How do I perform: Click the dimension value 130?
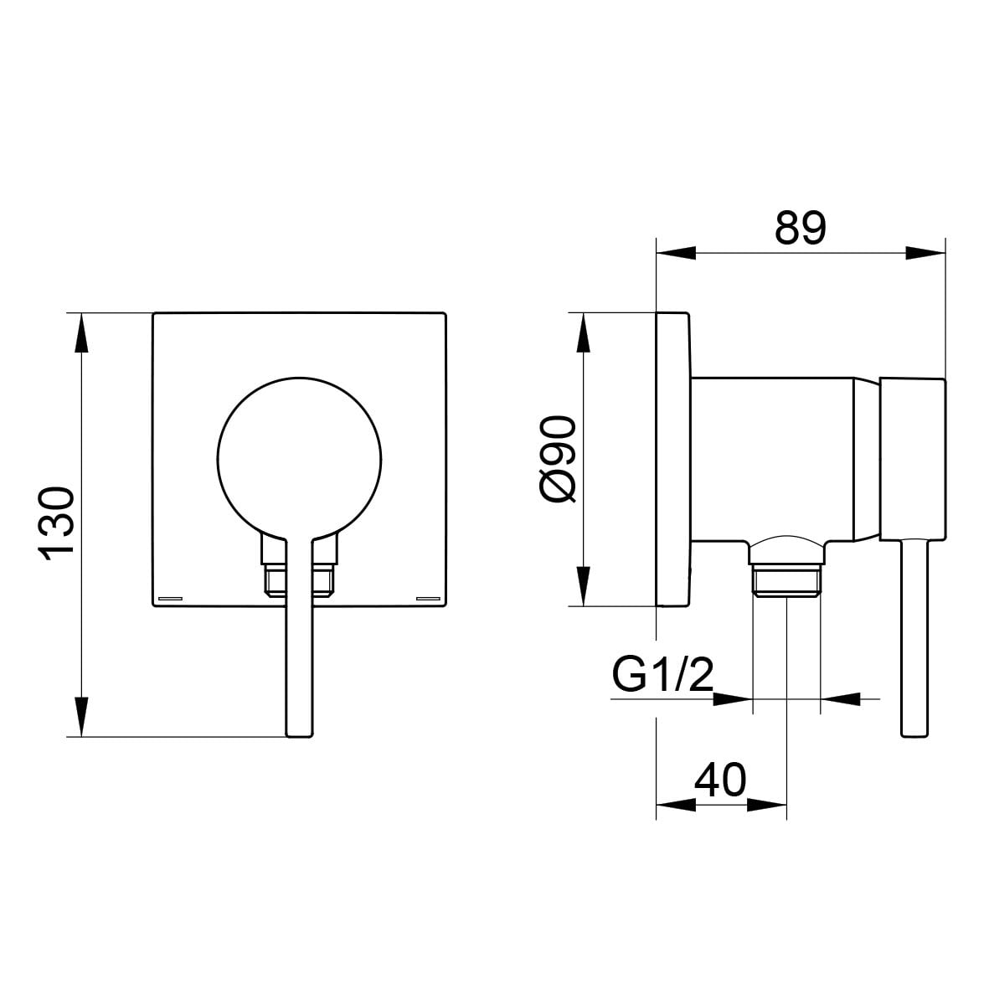(58, 523)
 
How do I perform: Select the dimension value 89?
(801, 228)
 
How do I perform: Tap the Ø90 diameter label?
(559, 459)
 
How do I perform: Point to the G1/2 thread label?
(663, 674)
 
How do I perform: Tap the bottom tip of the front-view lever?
(299, 735)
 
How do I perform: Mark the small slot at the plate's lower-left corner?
(170, 597)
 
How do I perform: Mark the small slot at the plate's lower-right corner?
(428, 597)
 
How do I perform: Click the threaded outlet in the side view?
(786, 579)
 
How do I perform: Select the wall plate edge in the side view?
(673, 459)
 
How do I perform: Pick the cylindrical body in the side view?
(773, 459)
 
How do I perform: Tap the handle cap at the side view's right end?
(912, 459)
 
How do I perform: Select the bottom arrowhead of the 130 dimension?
(81, 717)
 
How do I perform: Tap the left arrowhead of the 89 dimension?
(676, 254)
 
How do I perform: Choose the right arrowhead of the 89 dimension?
(925, 254)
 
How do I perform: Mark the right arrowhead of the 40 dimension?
(767, 805)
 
